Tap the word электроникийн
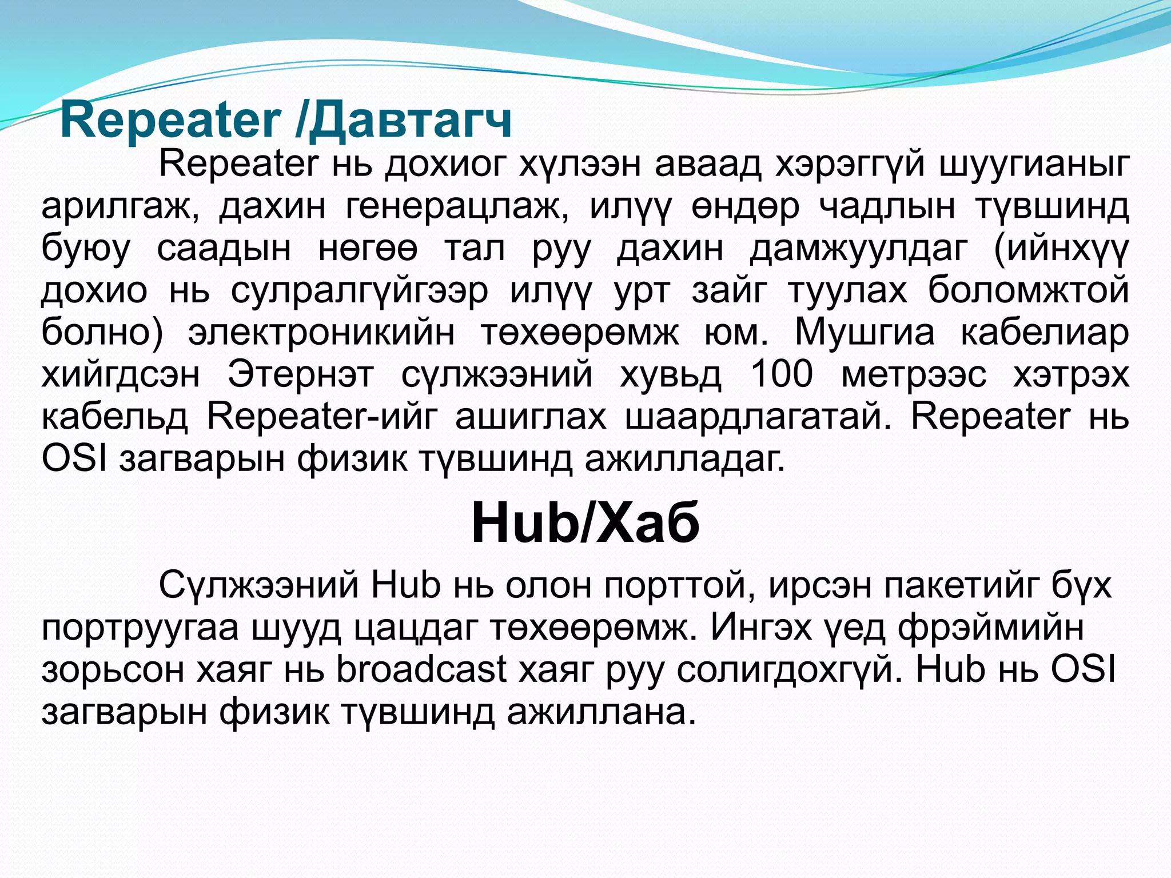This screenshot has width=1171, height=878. [321, 333]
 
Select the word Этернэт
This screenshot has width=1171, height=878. [301, 375]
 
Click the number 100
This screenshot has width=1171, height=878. [781, 375]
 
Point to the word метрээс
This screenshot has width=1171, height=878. [914, 375]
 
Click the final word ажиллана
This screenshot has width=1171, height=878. [602, 712]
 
